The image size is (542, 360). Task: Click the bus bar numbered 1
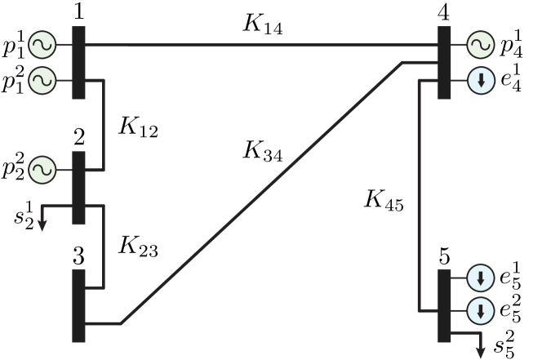78,62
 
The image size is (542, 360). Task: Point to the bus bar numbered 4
443,62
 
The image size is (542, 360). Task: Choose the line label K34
263,151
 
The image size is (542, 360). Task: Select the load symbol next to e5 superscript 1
480,278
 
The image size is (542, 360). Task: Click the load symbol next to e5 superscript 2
480,311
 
